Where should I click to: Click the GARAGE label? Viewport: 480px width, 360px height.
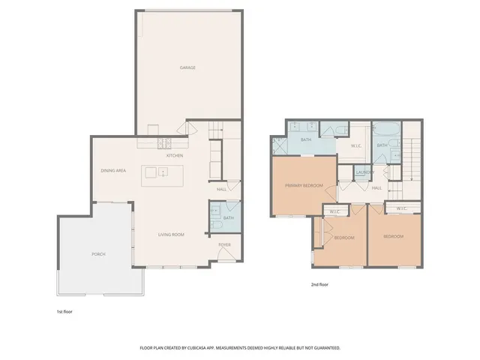coord(187,68)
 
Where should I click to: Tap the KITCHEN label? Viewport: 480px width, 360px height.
coord(175,156)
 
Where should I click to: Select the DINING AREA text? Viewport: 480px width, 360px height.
coord(113,171)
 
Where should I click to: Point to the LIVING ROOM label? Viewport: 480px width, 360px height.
coord(171,235)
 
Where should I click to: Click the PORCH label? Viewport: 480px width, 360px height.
coord(99,254)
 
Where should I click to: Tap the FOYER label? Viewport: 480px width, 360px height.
coord(224,244)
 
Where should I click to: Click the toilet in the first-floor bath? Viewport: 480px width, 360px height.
coord(216,223)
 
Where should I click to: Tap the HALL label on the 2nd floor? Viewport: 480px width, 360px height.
coord(376,187)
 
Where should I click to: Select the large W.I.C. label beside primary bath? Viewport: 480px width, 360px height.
coord(356,146)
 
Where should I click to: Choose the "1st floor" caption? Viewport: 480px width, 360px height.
coord(65,311)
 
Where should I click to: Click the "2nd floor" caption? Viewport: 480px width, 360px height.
coord(320,285)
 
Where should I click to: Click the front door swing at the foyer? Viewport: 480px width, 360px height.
coord(226,256)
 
